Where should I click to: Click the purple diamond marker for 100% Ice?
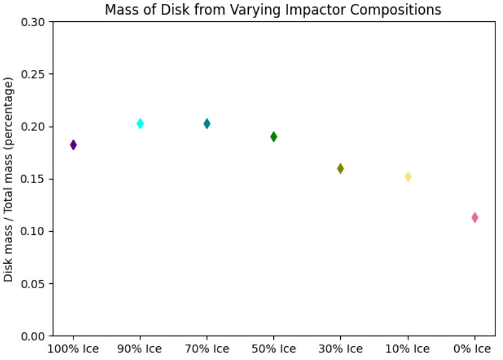(73, 145)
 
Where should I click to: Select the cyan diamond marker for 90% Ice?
(140, 124)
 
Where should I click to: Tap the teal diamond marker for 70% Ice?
(207, 124)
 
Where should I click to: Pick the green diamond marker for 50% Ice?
(274, 136)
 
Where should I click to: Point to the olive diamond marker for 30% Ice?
(340, 168)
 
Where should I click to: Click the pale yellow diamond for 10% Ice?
(408, 176)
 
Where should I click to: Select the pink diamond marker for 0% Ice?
(475, 218)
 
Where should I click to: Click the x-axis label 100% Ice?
(73, 349)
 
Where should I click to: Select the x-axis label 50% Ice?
(274, 349)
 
